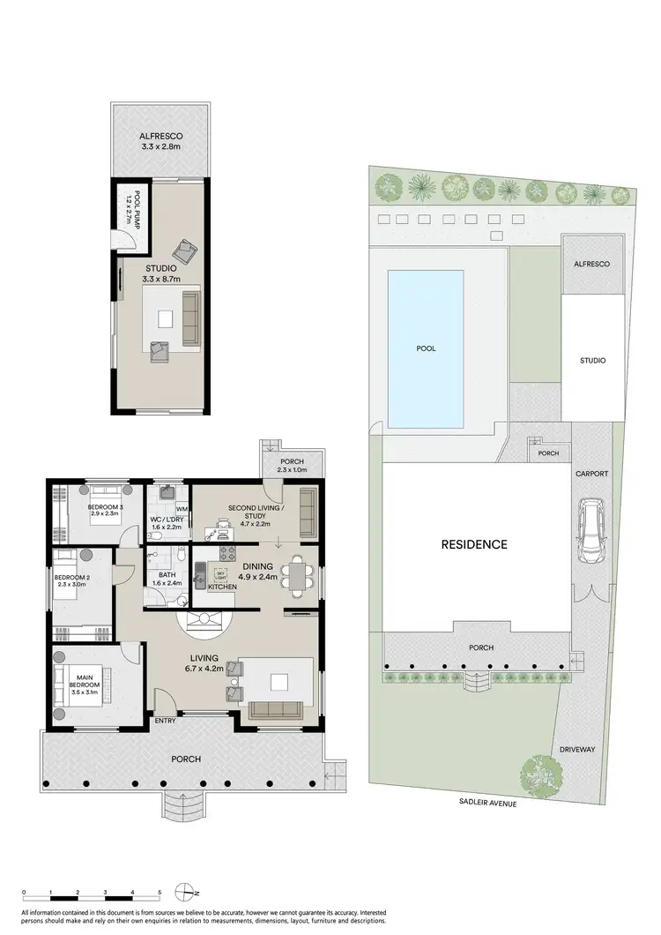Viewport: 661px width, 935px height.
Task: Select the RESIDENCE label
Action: (474, 544)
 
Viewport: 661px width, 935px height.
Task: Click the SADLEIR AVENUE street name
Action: (486, 804)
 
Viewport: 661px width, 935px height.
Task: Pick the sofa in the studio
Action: (189, 318)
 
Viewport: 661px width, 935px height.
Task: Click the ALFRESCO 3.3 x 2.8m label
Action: (160, 142)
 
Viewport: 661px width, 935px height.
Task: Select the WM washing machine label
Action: (182, 510)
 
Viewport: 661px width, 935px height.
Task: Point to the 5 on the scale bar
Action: (159, 894)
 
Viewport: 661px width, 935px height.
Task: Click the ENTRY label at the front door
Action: (165, 721)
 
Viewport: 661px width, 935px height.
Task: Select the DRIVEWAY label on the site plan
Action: (577, 750)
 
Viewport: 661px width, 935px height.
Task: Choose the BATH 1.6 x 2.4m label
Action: (166, 578)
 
